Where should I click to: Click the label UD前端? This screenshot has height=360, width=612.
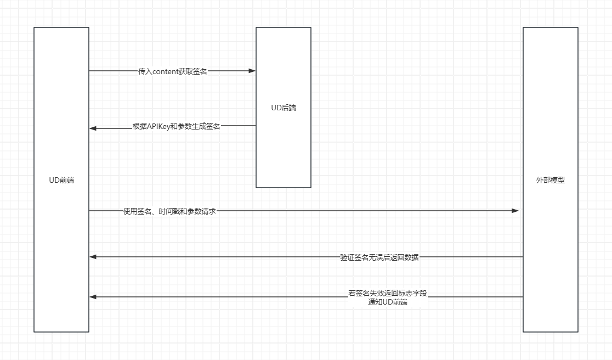click(61, 180)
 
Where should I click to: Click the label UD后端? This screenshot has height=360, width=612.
click(284, 108)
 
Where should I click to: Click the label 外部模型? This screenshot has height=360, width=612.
click(550, 180)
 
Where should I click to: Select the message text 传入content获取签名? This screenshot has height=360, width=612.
click(173, 71)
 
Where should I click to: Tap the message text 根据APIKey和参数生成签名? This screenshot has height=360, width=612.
click(176, 126)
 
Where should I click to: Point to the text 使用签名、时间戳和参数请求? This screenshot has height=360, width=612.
click(169, 211)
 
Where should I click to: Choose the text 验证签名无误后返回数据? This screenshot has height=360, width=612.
click(379, 257)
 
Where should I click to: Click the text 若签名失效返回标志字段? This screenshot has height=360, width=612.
click(387, 293)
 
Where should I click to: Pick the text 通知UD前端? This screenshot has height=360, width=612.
click(388, 302)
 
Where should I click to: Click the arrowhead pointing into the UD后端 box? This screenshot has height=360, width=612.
click(252, 71)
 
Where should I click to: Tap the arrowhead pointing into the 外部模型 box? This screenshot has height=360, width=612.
click(515, 211)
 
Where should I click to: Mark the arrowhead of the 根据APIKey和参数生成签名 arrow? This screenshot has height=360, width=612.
click(93, 128)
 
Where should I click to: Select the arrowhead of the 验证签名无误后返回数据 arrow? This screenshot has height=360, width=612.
click(93, 257)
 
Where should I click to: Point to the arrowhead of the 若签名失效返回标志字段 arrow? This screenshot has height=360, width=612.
click(93, 297)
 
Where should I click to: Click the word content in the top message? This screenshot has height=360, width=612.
click(165, 71)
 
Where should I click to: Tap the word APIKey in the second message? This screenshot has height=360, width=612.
click(158, 126)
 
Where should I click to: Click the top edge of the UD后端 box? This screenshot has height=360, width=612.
click(284, 27)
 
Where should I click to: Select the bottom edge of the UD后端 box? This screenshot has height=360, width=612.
click(284, 188)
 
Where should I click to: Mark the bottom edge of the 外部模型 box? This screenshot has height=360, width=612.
click(550, 332)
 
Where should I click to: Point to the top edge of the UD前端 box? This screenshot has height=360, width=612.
click(61, 27)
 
